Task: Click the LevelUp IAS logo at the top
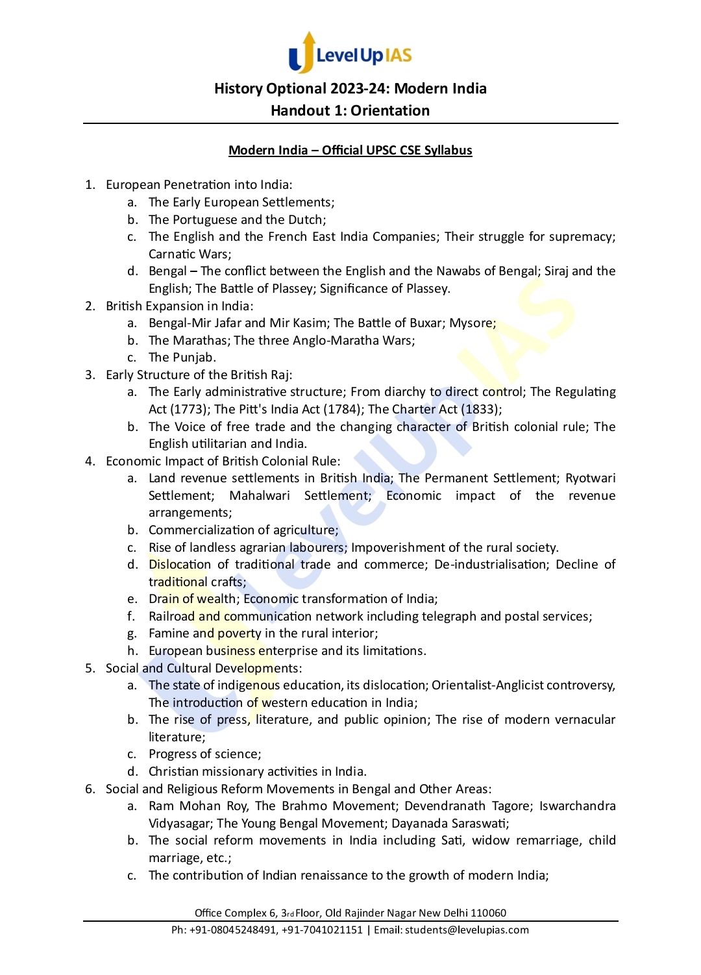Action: (x=350, y=53)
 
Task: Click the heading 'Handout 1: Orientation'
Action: (x=350, y=110)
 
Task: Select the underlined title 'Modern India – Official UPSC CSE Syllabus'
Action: (x=350, y=150)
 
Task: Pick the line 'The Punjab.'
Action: (x=182, y=357)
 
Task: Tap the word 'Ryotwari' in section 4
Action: (x=590, y=478)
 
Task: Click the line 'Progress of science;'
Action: (x=204, y=754)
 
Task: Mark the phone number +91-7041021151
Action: (x=322, y=930)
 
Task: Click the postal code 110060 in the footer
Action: (x=489, y=913)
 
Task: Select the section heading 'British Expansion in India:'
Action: (x=180, y=306)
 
